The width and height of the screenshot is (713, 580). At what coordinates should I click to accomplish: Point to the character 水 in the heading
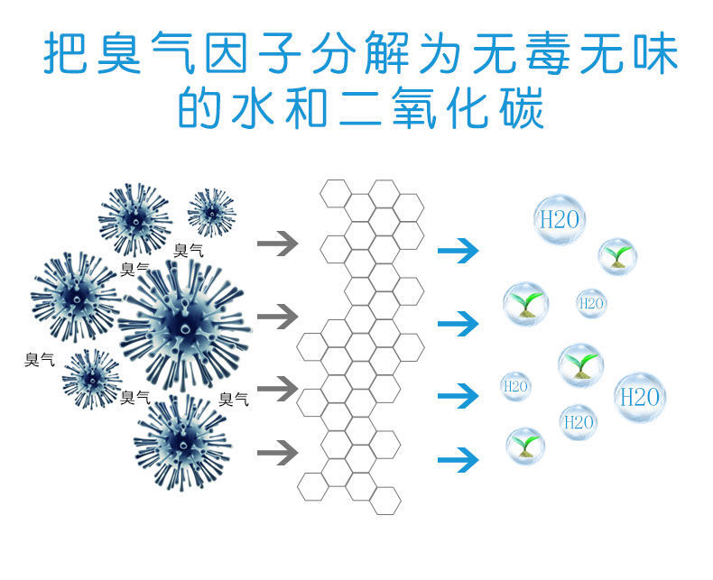click(255, 107)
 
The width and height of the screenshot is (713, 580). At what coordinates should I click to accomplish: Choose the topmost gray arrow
click(277, 244)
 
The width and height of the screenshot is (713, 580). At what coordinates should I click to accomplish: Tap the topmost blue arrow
click(458, 251)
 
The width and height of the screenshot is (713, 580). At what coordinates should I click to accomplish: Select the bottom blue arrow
click(458, 461)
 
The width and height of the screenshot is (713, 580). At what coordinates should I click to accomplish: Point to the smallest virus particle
click(211, 213)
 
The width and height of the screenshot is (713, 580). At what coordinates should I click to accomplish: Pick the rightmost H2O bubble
click(640, 396)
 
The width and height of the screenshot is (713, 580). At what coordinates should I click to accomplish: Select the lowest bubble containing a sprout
click(524, 445)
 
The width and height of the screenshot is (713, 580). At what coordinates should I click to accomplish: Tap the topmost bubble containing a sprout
click(617, 255)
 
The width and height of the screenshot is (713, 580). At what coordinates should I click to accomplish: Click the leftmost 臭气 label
click(39, 360)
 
